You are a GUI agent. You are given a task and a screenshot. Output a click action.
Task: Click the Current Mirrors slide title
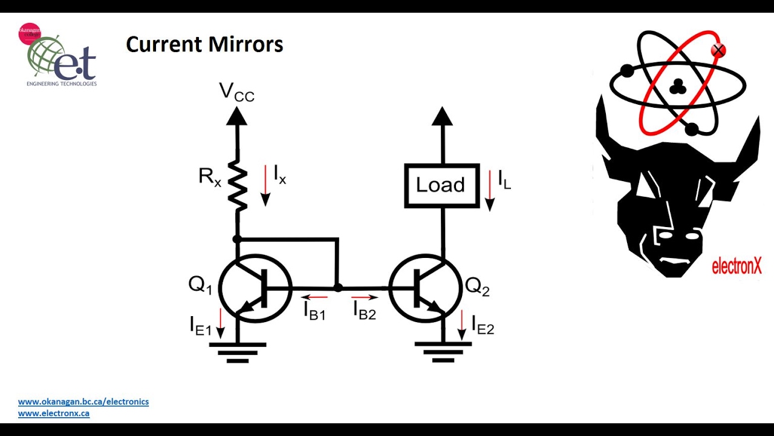pyautogui.click(x=204, y=45)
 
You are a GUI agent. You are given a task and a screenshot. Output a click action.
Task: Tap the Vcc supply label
pyautogui.click(x=236, y=92)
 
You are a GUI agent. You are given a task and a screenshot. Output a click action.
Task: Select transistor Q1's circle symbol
pyautogui.click(x=255, y=288)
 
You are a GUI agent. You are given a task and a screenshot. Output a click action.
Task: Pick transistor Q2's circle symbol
pyautogui.click(x=425, y=288)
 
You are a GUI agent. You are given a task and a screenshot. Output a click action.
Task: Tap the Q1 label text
pyautogui.click(x=200, y=285)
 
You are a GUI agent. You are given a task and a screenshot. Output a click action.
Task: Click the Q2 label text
pyautogui.click(x=476, y=286)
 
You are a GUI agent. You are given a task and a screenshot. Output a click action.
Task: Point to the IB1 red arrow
pyautogui.click(x=314, y=297)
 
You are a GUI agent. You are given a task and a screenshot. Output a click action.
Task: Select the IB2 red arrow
pyautogui.click(x=365, y=297)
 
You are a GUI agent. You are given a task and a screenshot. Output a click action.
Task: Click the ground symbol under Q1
pyautogui.click(x=238, y=351)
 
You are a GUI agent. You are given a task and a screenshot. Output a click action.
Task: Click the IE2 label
pyautogui.click(x=483, y=325)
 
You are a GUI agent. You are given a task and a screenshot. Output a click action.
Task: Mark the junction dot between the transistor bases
pyautogui.click(x=338, y=288)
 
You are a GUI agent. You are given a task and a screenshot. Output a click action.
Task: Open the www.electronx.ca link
pyautogui.click(x=54, y=414)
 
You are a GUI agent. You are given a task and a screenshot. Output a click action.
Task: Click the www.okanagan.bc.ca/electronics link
pyautogui.click(x=83, y=401)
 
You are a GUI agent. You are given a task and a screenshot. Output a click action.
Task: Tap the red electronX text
pyautogui.click(x=737, y=266)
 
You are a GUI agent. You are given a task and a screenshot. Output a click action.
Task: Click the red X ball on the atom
pyautogui.click(x=718, y=51)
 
